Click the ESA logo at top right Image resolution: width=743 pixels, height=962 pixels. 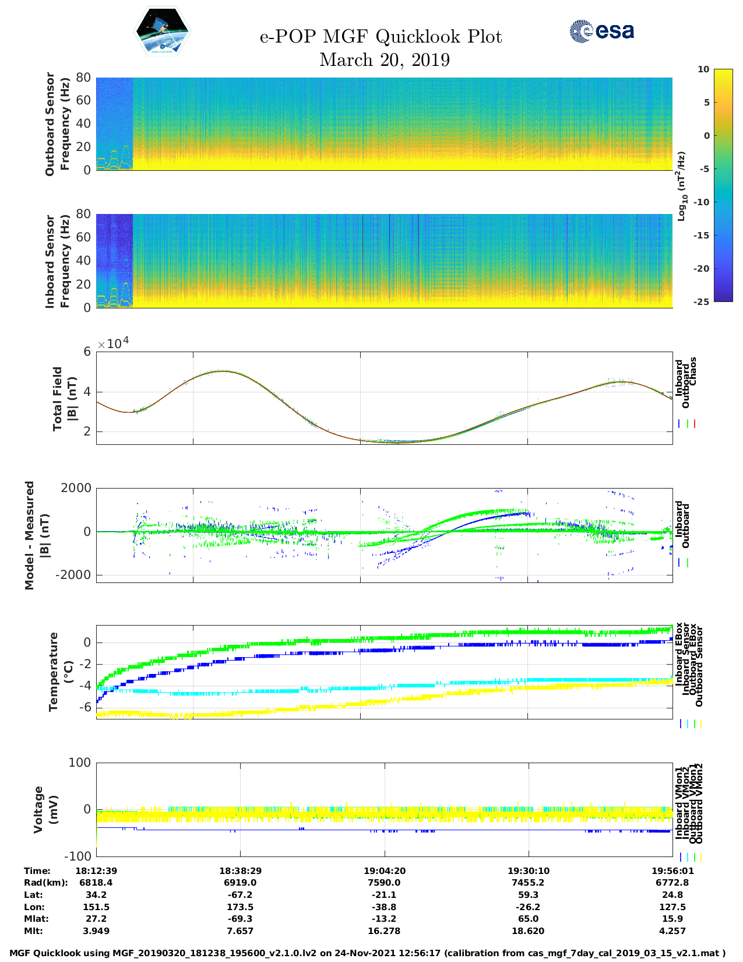(602, 31)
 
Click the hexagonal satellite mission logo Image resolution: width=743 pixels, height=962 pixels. (163, 31)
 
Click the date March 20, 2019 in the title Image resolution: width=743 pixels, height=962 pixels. (385, 60)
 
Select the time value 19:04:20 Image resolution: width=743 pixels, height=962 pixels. (385, 870)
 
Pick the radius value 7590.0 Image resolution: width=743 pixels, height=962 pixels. (385, 883)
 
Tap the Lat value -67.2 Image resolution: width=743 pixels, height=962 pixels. (240, 895)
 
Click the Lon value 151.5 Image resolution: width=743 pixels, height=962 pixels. (96, 907)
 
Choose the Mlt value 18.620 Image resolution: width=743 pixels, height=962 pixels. (528, 931)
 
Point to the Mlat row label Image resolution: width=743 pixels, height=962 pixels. (36, 919)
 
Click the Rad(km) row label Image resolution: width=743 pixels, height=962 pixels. (46, 883)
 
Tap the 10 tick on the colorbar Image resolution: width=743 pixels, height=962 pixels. (703, 69)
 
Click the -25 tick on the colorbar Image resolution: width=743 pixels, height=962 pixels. (701, 301)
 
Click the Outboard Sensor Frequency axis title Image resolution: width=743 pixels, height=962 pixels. (57, 124)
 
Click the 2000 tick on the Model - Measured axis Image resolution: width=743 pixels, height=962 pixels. (76, 488)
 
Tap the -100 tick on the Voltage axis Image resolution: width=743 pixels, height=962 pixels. (78, 856)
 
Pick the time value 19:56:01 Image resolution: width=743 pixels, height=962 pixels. (672, 870)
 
